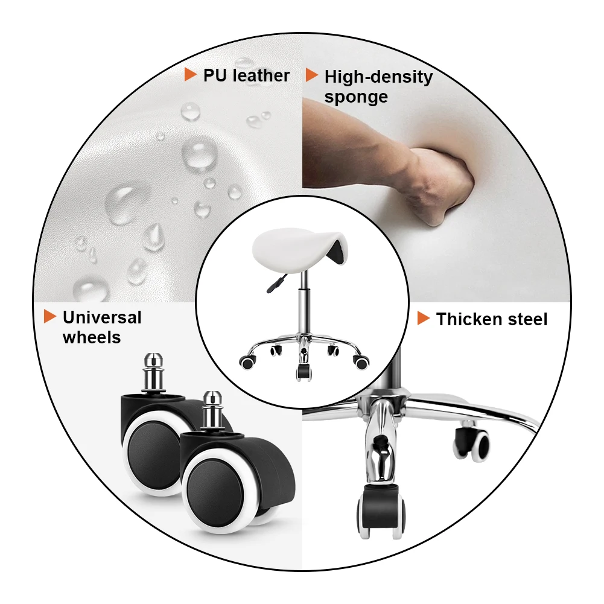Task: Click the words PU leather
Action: (x=246, y=75)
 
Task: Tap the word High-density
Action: (x=379, y=77)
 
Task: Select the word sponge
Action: (x=356, y=97)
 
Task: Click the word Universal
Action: (x=102, y=318)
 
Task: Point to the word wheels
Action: (x=92, y=337)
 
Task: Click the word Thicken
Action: (x=469, y=319)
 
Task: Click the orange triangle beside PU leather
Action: (x=190, y=74)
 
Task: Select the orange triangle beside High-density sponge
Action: (x=311, y=75)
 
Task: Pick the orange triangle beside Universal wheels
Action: (x=49, y=316)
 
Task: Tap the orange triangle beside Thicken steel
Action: (x=424, y=318)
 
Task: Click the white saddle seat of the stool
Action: (x=297, y=249)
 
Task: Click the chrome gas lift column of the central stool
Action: (x=304, y=304)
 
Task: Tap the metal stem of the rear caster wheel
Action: (x=154, y=373)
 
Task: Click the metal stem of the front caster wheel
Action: (x=211, y=411)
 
